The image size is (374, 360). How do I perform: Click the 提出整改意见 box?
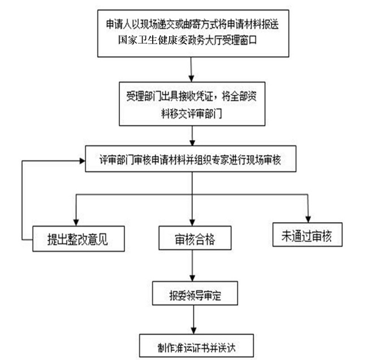point(70,240)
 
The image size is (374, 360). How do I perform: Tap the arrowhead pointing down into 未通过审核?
point(309,219)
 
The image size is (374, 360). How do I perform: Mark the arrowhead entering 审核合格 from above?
point(193,223)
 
